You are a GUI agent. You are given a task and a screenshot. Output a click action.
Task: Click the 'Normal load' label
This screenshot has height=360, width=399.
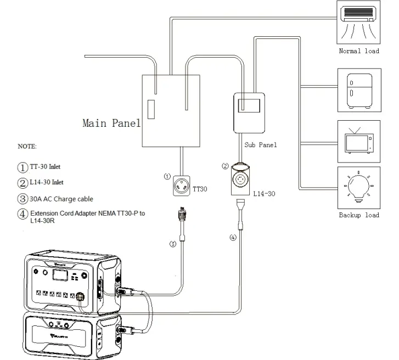click(x=358, y=51)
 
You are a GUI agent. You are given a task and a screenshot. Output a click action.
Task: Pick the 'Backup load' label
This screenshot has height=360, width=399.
click(x=358, y=215)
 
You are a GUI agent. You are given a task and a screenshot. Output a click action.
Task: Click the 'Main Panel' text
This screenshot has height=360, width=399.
click(x=111, y=123)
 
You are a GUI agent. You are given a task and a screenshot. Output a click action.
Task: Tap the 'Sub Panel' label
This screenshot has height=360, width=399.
click(x=260, y=145)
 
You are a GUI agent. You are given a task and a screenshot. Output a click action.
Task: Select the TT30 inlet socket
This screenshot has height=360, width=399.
click(x=182, y=186)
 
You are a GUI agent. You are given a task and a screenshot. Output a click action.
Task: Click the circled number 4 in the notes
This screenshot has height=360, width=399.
click(x=23, y=214)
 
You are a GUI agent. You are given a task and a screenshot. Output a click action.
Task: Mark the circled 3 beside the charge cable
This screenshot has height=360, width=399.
click(x=172, y=244)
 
